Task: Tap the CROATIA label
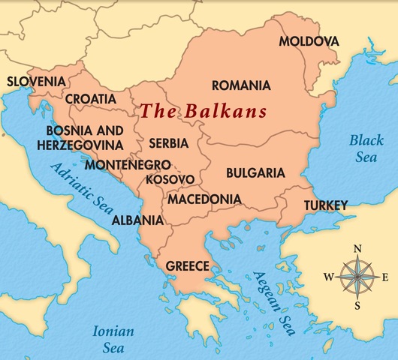(x=91, y=99)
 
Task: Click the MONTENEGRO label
(x=128, y=164)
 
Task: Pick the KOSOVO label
(x=170, y=180)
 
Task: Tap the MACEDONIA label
(x=204, y=199)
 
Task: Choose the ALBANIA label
(x=137, y=220)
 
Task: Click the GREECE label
(x=187, y=265)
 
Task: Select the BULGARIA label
(x=255, y=173)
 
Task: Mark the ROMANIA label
(x=241, y=85)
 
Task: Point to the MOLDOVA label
(x=309, y=40)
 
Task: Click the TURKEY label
(x=325, y=205)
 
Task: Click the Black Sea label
(x=366, y=147)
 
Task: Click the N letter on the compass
(x=358, y=249)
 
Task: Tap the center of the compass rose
(x=358, y=277)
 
